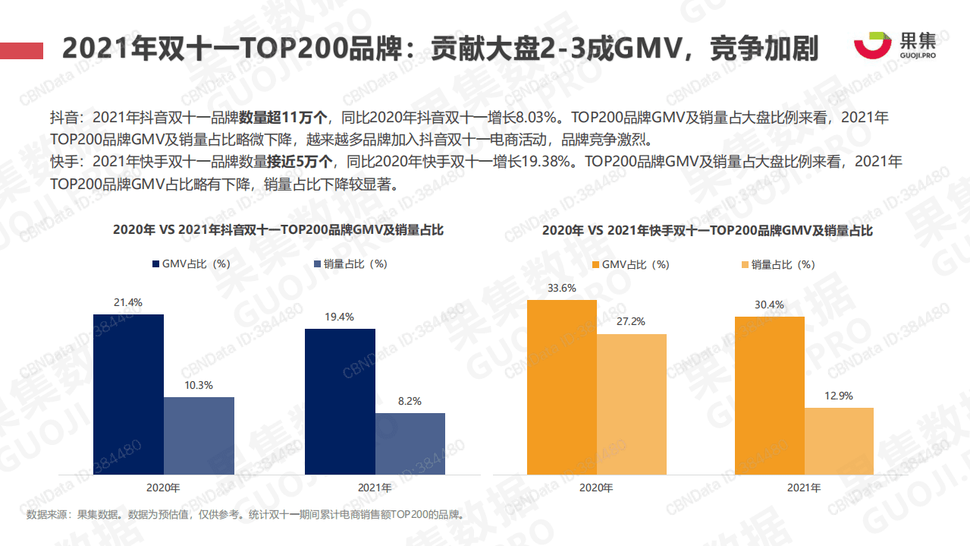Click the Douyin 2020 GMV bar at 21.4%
coord(128,395)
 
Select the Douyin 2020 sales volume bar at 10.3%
coord(199,437)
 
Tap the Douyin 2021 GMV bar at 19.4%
coord(340,402)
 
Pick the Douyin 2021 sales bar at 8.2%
coord(410,444)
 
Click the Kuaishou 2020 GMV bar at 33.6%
coord(562,387)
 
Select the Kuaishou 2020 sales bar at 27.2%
coord(631,405)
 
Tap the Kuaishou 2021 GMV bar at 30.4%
coord(769,396)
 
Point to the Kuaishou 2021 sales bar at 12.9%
coord(839,441)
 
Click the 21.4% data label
coord(128,302)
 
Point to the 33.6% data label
coord(562,288)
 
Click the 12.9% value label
coord(839,396)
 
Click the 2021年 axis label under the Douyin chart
coord(375,487)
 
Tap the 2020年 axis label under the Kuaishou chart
coord(596,488)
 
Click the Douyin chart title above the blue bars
coord(278,230)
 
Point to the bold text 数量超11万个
coord(284,118)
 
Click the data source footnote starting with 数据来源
coord(244,515)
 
